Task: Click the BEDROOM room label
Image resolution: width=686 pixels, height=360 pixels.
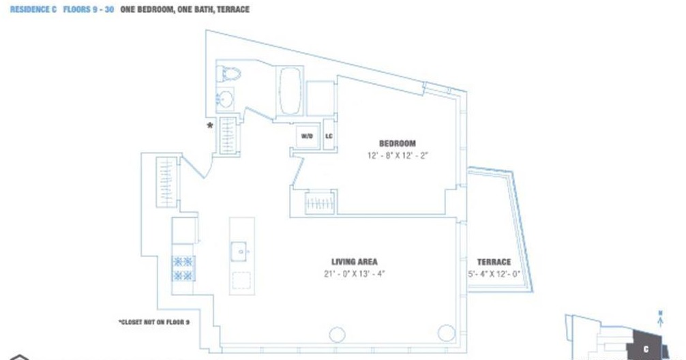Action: coord(397,144)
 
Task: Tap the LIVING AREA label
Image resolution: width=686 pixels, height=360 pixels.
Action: coord(354,262)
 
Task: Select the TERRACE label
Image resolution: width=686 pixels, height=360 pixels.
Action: coord(494,262)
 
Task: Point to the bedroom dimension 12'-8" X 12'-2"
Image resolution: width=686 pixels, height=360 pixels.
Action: coord(397,155)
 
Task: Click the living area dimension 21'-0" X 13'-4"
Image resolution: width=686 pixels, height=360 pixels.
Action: coord(354,274)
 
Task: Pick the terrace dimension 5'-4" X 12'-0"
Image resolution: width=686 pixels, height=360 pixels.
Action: coord(494,274)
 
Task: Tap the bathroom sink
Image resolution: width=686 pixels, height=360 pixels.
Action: coord(224,99)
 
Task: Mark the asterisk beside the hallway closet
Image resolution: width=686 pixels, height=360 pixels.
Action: coord(211,125)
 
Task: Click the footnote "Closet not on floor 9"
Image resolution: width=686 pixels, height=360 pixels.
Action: coord(153,321)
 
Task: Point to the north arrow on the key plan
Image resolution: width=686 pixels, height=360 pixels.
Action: coord(660,316)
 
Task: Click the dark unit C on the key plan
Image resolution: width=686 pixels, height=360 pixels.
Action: coord(646,345)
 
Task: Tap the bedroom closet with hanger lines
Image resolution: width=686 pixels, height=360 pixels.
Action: coord(320,203)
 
